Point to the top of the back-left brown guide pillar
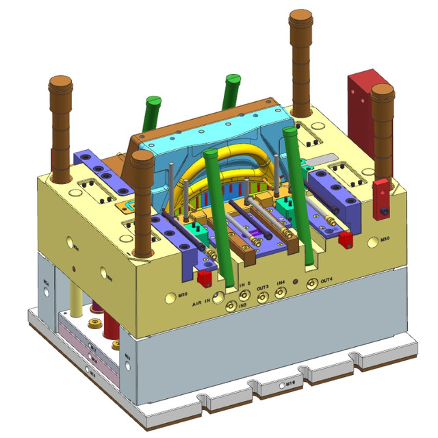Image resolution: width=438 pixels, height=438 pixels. [x=60, y=85]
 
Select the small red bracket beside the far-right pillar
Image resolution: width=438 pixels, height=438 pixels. [x=380, y=198]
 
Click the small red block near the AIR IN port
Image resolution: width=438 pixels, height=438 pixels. [x=204, y=277]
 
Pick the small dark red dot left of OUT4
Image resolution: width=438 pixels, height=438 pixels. [x=295, y=281]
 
